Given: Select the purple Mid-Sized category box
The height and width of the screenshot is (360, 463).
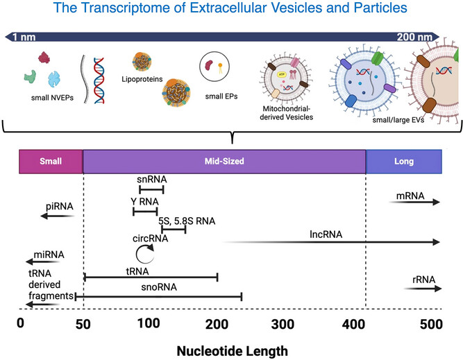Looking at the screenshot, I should coord(224,162).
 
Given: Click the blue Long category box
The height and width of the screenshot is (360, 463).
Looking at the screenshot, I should coord(403,162).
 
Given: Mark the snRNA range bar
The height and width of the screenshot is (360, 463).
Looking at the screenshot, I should coord(151,189).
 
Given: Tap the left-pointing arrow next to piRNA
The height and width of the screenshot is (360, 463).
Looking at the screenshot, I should coord(56,216).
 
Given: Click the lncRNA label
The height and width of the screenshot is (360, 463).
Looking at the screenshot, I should coord(324,234).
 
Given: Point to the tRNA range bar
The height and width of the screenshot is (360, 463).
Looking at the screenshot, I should coord(151,277).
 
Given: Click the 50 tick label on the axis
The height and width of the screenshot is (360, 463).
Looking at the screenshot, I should coord(83,323).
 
